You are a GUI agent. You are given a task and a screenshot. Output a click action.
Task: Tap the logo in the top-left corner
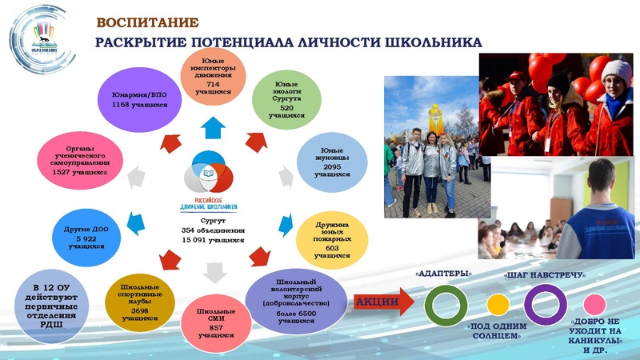point(34,34)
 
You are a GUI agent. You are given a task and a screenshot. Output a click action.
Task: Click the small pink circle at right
point(594,305)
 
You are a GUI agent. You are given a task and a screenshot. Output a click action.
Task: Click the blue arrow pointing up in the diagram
point(212,125)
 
